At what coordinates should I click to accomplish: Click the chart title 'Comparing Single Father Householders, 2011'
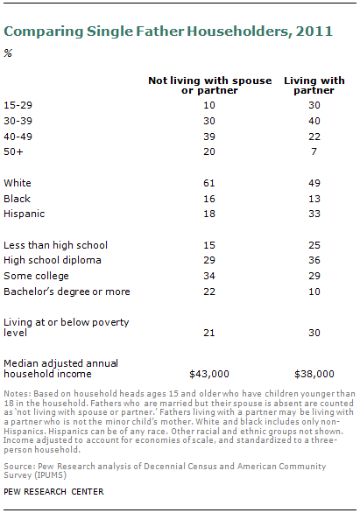pos(168,32)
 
